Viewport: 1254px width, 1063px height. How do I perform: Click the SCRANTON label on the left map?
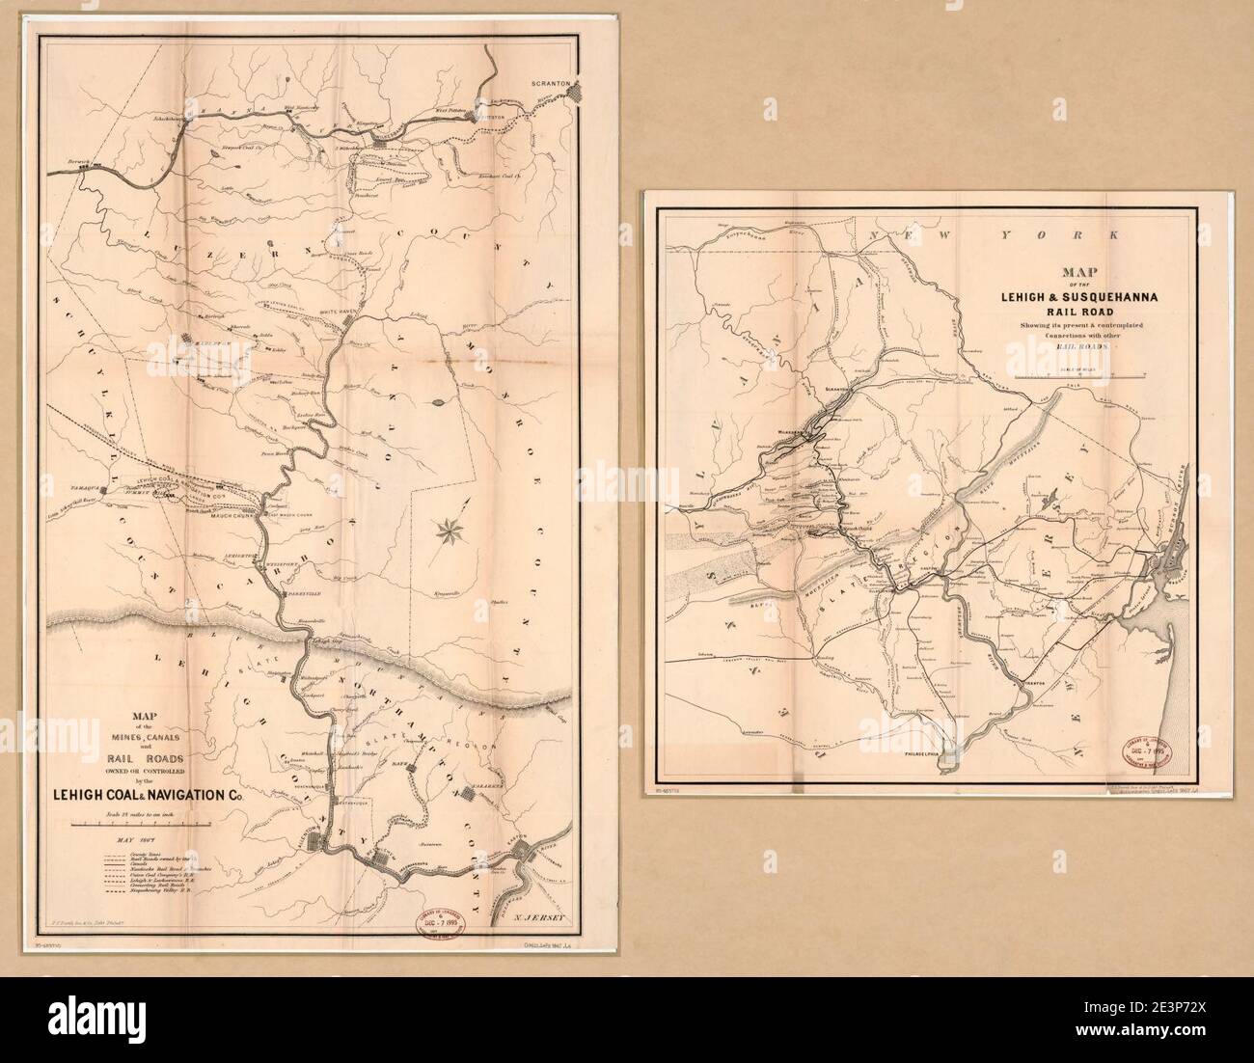(553, 84)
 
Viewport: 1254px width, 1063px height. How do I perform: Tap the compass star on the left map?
(450, 529)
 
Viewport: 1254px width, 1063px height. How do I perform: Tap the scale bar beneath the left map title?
(145, 827)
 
